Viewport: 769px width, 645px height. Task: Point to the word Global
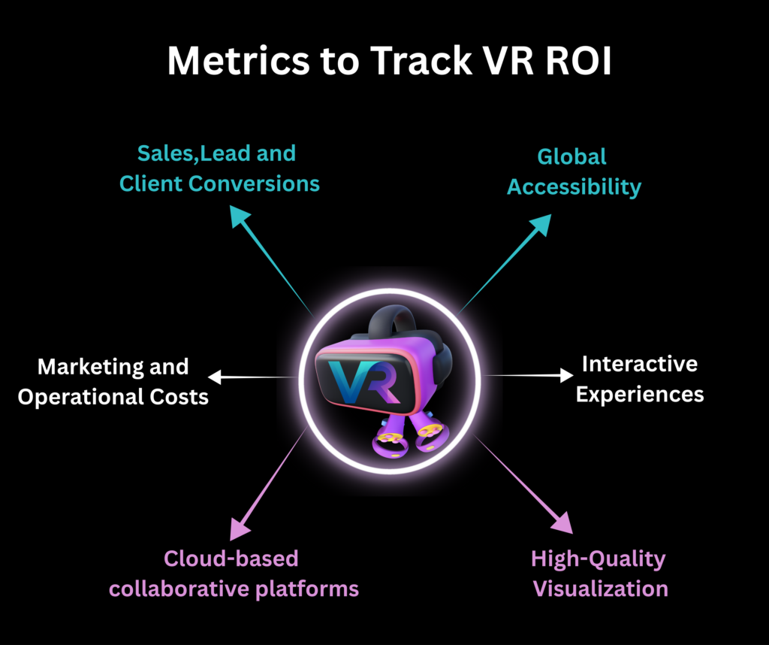click(x=571, y=157)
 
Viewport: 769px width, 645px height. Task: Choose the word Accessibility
click(x=574, y=186)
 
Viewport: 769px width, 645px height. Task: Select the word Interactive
click(x=640, y=365)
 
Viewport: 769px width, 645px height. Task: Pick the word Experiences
click(x=640, y=394)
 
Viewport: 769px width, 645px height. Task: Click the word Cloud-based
click(x=231, y=559)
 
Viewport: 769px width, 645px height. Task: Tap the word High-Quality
click(x=599, y=559)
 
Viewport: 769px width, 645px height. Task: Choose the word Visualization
click(x=601, y=588)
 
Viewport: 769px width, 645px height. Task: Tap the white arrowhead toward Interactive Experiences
click(x=566, y=374)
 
